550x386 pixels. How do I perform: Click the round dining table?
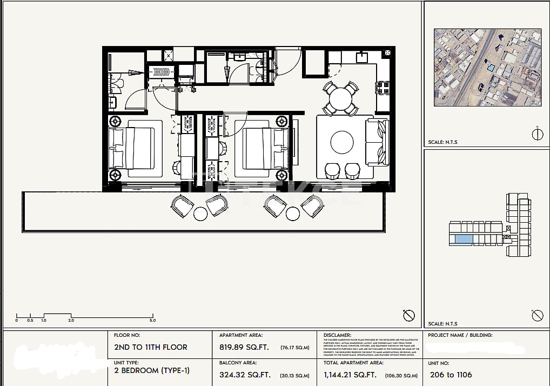coord(341,99)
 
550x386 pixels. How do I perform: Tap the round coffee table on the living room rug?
coord(341,143)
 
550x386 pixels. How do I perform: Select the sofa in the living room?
coord(377,142)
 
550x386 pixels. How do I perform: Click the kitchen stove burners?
coord(383,88)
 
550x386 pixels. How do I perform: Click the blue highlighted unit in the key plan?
coord(463,239)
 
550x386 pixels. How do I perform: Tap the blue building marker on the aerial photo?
coord(491,68)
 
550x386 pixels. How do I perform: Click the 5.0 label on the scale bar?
coord(153,321)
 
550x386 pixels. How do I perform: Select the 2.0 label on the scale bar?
coord(71,321)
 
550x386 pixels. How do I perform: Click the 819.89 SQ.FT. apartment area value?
coord(244,347)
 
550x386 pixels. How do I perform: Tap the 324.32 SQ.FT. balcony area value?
coord(244,375)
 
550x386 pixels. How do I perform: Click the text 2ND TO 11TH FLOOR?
coord(151,347)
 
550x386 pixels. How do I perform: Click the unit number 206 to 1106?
coord(451,375)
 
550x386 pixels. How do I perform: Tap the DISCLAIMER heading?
coord(337,335)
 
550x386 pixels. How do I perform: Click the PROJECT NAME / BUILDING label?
coord(460,335)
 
